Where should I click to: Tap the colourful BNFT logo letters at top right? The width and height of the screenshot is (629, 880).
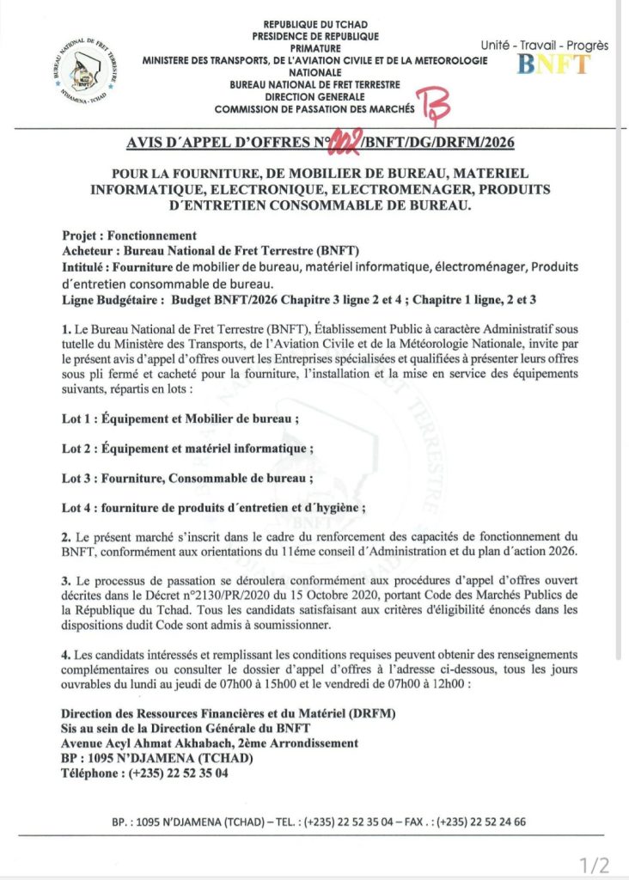pos(555,64)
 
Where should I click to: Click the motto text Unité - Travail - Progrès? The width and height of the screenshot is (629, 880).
pos(544,46)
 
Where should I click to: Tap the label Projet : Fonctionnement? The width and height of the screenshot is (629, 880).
pos(129,235)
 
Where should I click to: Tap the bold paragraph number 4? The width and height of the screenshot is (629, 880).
pos(65,656)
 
